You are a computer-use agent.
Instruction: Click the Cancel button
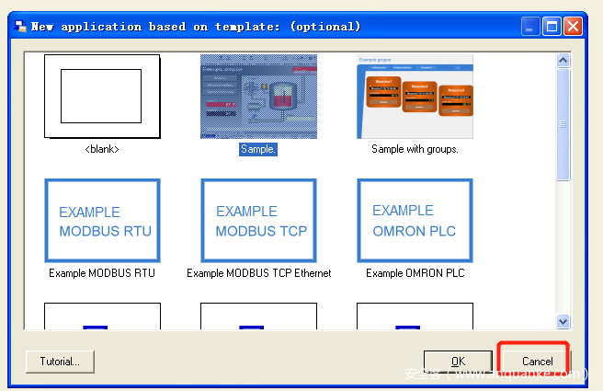pyautogui.click(x=537, y=362)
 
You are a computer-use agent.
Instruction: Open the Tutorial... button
pyautogui.click(x=60, y=362)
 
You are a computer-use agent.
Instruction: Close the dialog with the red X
pyautogui.click(x=574, y=26)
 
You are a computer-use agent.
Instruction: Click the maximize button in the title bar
pyautogui.click(x=552, y=26)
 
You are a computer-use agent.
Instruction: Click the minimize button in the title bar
pyautogui.click(x=531, y=26)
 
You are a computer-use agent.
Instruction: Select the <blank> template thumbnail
pyautogui.click(x=102, y=97)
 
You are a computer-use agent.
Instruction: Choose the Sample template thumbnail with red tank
pyautogui.click(x=258, y=97)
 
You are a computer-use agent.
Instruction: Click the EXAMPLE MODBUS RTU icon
pyautogui.click(x=102, y=222)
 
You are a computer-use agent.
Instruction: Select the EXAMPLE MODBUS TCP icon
pyautogui.click(x=258, y=222)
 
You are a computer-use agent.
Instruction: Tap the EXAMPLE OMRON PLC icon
pyautogui.click(x=415, y=222)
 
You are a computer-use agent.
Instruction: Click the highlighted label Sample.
pyautogui.click(x=258, y=149)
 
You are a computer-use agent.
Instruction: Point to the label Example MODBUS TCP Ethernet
pyautogui.click(x=258, y=273)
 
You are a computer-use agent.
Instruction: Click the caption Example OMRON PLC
pyautogui.click(x=415, y=273)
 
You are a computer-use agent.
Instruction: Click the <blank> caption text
pyautogui.click(x=102, y=149)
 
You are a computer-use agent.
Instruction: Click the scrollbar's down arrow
pyautogui.click(x=563, y=321)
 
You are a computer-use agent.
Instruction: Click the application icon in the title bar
pyautogui.click(x=20, y=26)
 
